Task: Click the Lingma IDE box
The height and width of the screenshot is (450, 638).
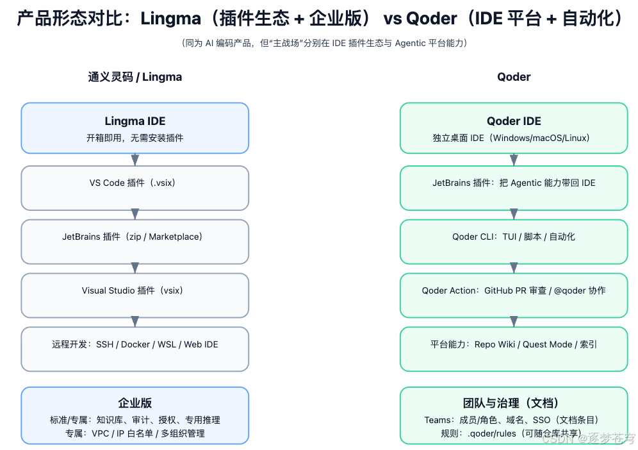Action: point(135,128)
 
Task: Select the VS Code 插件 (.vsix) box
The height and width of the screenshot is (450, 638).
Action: point(135,188)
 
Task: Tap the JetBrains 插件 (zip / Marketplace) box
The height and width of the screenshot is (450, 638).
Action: point(135,241)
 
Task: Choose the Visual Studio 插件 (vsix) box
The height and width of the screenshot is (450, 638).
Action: point(135,295)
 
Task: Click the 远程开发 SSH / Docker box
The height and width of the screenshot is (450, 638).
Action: point(135,349)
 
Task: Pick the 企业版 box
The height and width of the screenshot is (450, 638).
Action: point(135,415)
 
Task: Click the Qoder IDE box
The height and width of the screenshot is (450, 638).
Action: point(514,128)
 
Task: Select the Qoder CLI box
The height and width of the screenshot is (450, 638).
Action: point(514,241)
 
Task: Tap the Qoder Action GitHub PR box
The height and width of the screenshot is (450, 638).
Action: point(514,295)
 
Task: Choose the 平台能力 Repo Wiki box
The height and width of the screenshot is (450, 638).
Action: point(514,349)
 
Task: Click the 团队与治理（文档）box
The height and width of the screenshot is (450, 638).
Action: point(514,415)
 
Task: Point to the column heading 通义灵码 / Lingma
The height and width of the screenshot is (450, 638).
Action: point(135,77)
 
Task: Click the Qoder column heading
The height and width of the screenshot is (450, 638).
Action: point(514,77)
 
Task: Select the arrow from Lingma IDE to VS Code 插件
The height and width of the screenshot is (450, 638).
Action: point(135,160)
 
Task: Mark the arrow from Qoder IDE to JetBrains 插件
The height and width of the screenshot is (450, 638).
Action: point(514,160)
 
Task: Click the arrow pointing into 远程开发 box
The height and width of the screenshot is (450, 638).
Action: point(135,321)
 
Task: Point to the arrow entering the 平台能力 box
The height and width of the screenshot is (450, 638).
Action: point(514,321)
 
